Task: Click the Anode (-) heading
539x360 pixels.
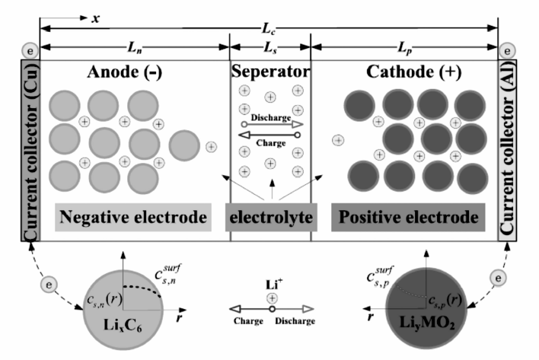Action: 124,72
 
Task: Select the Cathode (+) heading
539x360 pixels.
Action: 413,72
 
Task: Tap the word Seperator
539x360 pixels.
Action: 270,72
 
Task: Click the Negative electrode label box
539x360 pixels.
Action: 133,217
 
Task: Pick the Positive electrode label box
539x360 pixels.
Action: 408,217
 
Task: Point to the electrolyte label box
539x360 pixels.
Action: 271,217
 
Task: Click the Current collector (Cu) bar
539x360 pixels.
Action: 30,151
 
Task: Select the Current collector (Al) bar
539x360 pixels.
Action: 507,151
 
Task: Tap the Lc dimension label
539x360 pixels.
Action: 269,29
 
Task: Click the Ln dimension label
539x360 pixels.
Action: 135,47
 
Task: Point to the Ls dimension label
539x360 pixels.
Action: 270,47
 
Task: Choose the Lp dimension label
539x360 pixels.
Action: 404,47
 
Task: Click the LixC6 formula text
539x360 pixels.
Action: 123,325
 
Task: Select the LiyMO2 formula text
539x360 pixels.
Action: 427,323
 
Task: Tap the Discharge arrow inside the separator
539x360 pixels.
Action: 273,124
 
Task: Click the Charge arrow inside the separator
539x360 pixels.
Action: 269,135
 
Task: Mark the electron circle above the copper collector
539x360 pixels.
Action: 30,51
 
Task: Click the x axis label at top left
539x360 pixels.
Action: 96,18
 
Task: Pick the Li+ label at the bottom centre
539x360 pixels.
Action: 274,285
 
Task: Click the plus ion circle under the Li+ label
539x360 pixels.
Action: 273,298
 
